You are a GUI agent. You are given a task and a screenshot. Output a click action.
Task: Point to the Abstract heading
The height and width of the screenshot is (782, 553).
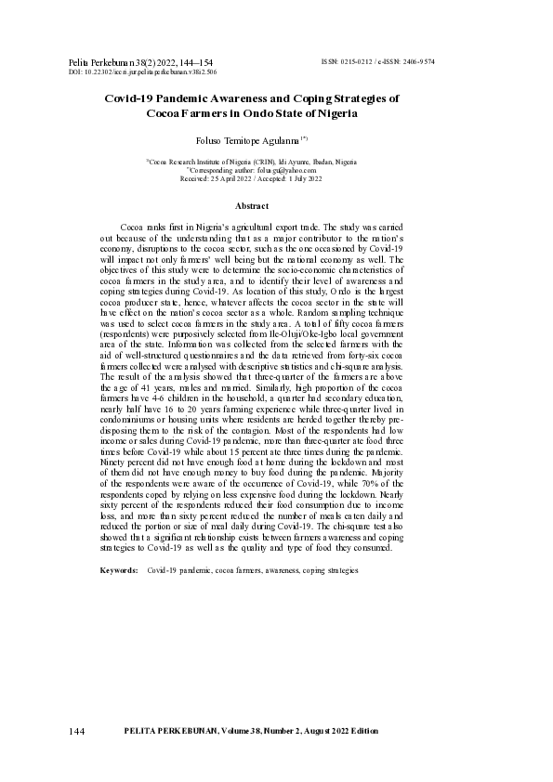pyautogui.click(x=251, y=205)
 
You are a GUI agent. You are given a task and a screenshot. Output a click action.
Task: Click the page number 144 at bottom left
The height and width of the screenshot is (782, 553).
pyautogui.click(x=77, y=732)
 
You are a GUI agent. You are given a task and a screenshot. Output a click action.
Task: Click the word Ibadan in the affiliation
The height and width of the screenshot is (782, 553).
pyautogui.click(x=314, y=162)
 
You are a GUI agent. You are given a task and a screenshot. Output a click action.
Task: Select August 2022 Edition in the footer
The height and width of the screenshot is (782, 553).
pyautogui.click(x=342, y=732)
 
